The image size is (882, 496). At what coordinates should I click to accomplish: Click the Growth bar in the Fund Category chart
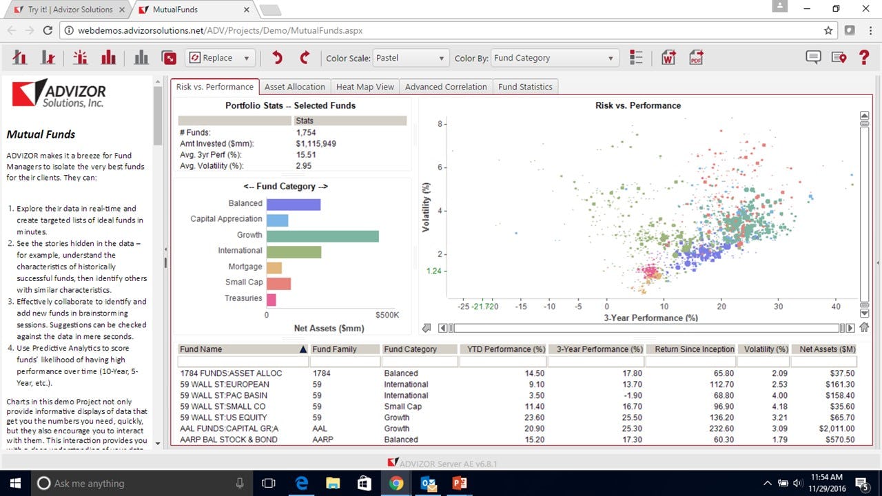(322, 236)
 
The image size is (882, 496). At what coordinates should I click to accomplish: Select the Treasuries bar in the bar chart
(271, 299)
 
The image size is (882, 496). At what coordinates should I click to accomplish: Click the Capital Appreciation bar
(277, 220)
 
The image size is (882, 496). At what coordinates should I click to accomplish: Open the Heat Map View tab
(365, 87)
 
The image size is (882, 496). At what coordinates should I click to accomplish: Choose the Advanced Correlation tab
(446, 87)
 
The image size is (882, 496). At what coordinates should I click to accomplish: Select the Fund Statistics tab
(525, 87)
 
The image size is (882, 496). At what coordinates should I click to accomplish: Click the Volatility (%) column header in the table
(763, 349)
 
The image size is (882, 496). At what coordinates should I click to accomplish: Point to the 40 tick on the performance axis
(836, 307)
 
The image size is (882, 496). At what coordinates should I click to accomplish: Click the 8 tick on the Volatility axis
(440, 124)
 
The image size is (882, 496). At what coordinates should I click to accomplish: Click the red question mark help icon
(864, 58)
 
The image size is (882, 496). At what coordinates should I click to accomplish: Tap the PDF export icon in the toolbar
(697, 58)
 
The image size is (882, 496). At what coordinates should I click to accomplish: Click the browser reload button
(48, 30)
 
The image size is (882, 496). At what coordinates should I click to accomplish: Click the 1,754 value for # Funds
(306, 132)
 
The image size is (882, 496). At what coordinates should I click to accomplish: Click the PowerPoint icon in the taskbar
(460, 484)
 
